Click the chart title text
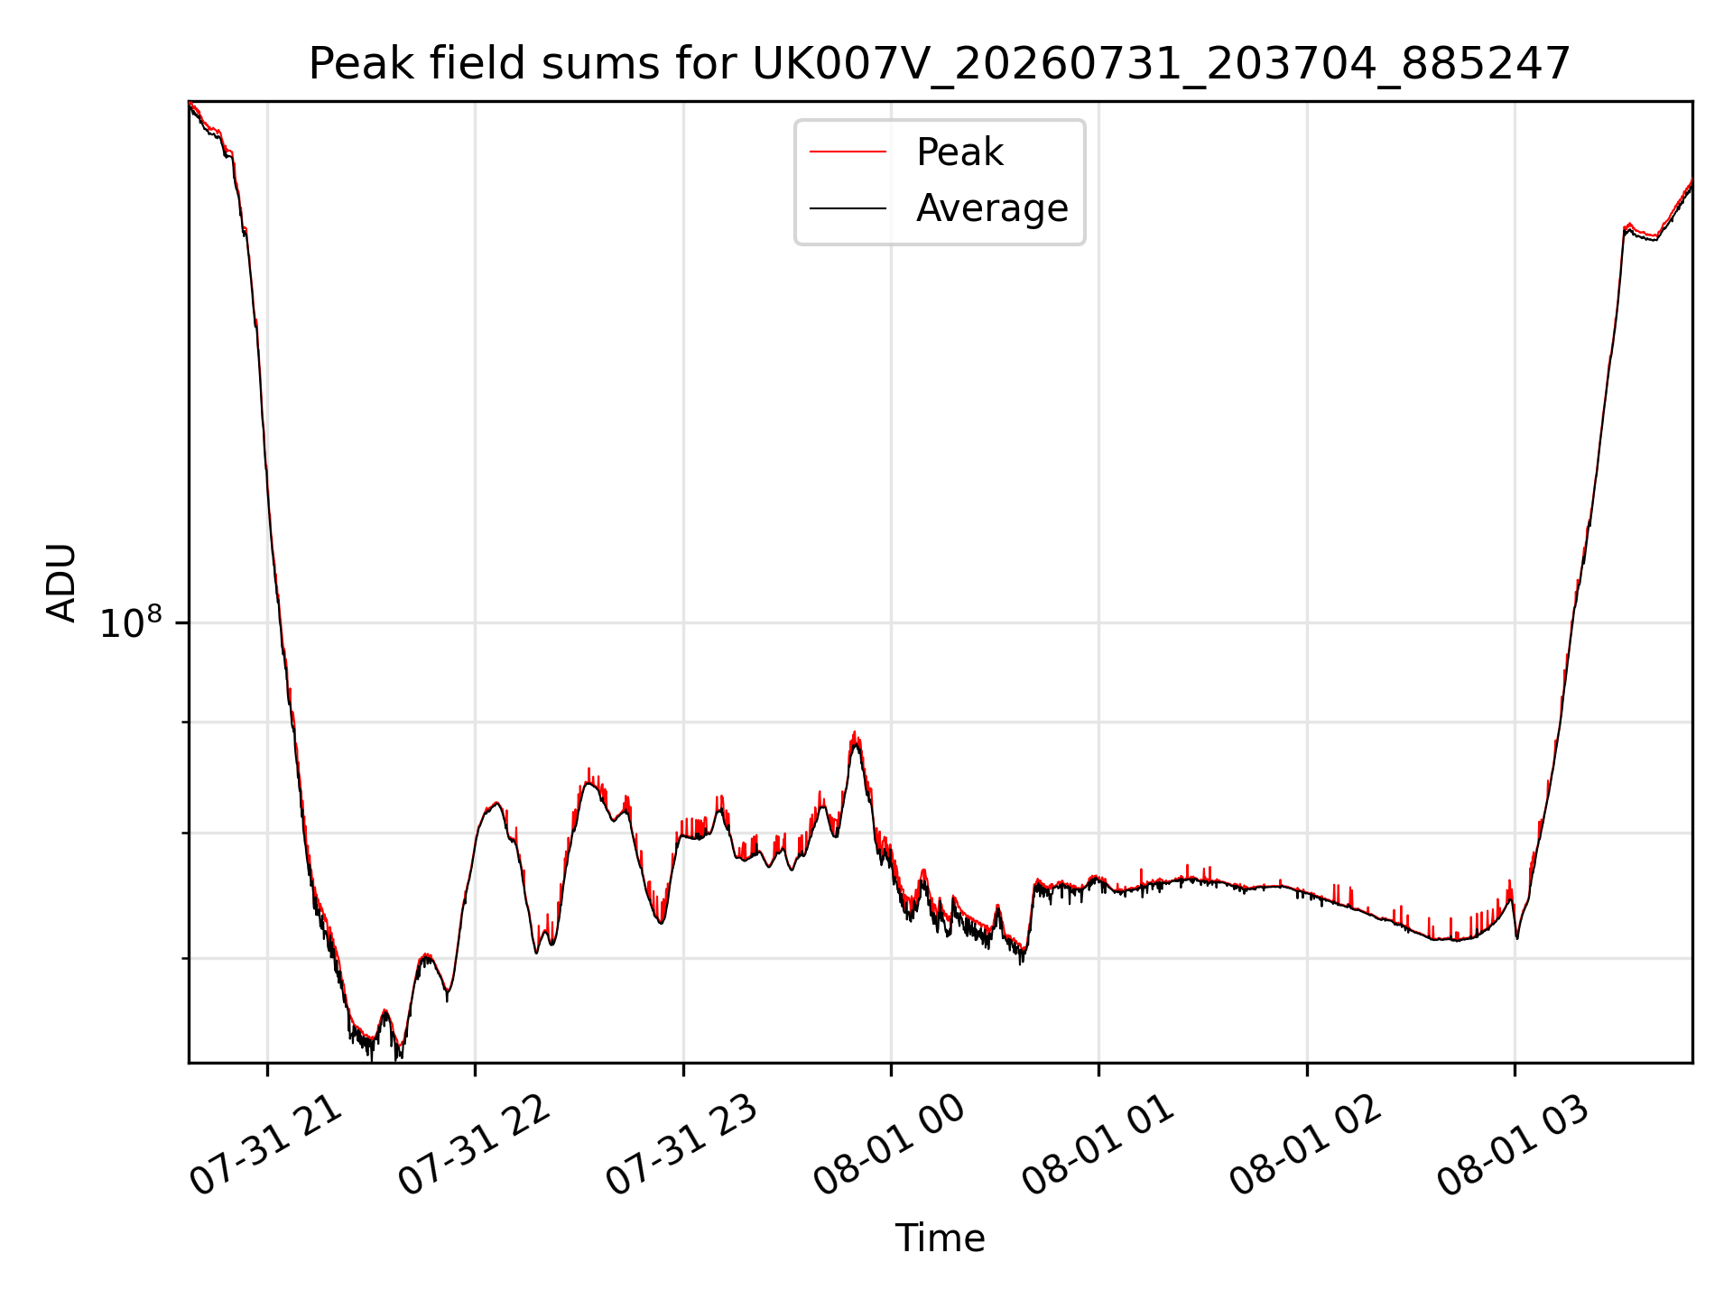click(x=940, y=64)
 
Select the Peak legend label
click(x=959, y=152)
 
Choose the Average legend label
click(x=992, y=208)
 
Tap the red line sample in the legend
click(x=848, y=152)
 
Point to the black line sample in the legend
click(x=848, y=208)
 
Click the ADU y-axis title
click(x=61, y=583)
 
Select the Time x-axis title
click(x=940, y=1239)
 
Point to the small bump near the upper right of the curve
click(x=1627, y=226)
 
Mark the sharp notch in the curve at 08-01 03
click(x=1517, y=936)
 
